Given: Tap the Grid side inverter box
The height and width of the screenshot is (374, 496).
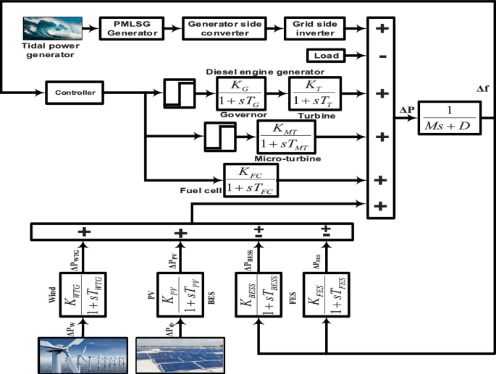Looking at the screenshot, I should (312, 30).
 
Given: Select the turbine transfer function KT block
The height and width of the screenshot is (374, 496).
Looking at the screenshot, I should (314, 93).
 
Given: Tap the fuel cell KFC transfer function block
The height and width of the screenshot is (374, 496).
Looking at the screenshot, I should (250, 179).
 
